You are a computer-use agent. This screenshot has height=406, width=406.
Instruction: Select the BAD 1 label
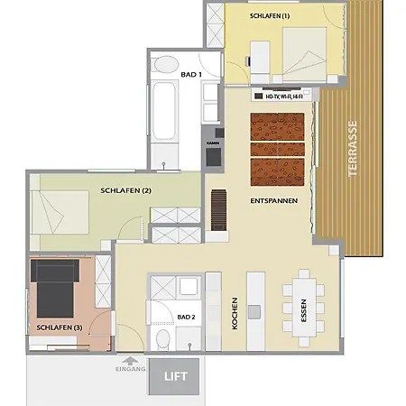click(x=190, y=73)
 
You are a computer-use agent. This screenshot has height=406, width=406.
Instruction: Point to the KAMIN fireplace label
click(x=213, y=143)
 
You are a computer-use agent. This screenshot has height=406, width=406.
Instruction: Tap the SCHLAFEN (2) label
click(x=125, y=190)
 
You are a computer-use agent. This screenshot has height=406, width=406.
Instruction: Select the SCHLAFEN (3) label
click(x=60, y=327)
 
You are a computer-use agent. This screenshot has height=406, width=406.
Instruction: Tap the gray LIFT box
click(x=176, y=375)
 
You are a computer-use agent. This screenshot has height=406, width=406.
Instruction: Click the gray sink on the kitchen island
click(x=255, y=311)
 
